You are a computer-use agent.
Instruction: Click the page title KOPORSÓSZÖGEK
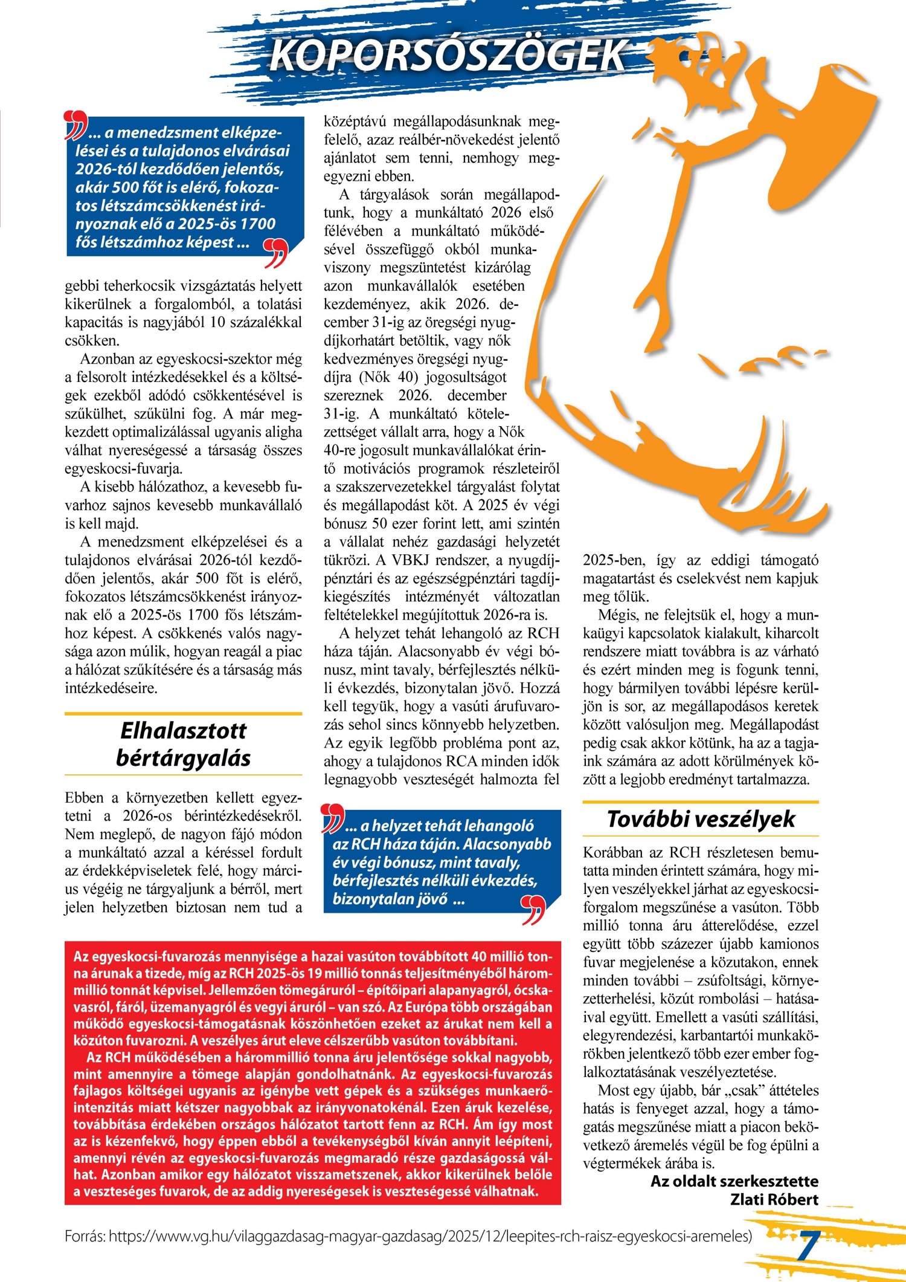click(x=448, y=56)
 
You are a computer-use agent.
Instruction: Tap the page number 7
click(x=808, y=1246)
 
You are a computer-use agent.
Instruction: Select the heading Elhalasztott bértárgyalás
click(x=183, y=744)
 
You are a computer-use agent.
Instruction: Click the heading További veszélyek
click(x=701, y=819)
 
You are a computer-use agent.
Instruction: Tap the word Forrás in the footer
click(x=85, y=1236)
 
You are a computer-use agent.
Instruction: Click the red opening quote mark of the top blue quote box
click(x=75, y=125)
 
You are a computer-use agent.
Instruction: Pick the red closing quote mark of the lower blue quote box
click(x=533, y=910)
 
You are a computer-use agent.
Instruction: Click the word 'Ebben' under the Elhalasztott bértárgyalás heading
click(x=85, y=797)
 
